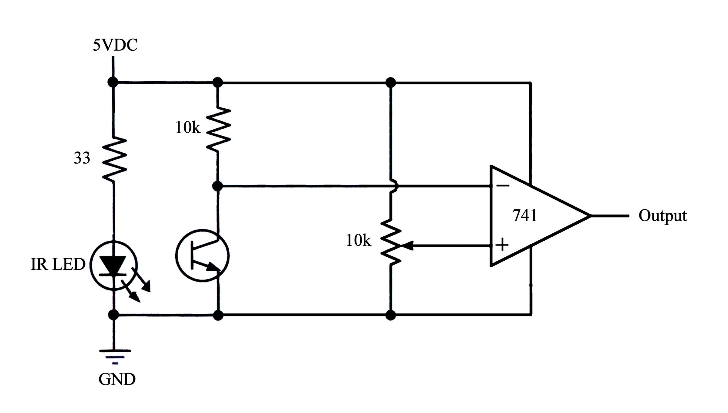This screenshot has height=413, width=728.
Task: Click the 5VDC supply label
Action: pos(115,45)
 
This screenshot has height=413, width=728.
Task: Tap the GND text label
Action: pos(117,379)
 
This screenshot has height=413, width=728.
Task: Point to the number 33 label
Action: pos(82,158)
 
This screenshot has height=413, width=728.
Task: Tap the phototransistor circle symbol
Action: pos(202,256)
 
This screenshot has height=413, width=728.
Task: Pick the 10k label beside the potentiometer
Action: pos(359,241)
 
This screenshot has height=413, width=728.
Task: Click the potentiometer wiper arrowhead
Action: pos(408,245)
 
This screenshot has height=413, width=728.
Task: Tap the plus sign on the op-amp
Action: pos(502,244)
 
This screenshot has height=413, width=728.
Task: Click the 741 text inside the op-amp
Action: pos(525,216)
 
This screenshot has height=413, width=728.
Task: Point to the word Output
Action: pos(662,216)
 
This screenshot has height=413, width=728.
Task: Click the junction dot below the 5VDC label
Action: pos(113,82)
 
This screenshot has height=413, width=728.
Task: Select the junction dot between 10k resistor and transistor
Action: pos(217,186)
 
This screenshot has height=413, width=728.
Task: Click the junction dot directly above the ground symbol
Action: pos(114,315)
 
